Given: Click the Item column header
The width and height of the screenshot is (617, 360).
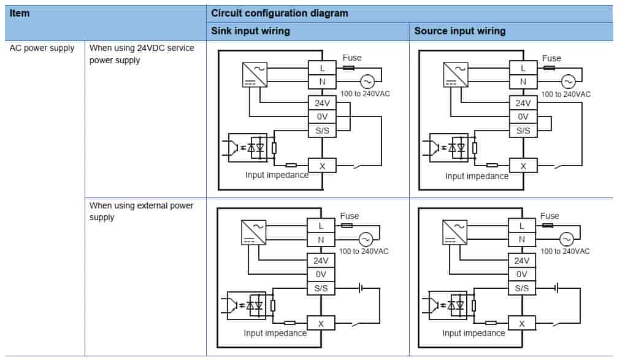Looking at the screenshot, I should tap(20, 13).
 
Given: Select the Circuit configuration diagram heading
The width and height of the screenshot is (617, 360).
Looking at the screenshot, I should tap(279, 13).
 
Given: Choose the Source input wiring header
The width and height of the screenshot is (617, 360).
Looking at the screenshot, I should tap(460, 31).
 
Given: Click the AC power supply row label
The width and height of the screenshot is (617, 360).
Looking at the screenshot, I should tap(42, 48).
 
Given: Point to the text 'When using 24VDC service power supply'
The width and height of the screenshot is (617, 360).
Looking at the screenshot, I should tap(142, 54).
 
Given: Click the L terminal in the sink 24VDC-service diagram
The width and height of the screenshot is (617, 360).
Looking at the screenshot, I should tap(322, 68).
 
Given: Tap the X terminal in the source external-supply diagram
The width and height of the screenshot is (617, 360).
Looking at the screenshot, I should tap(522, 323).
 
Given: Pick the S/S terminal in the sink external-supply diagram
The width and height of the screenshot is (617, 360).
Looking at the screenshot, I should tap(321, 288).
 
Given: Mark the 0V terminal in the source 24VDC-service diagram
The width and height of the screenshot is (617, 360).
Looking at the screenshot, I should tap(523, 117).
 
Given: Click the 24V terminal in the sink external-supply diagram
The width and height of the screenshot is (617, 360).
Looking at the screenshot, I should tap(321, 260).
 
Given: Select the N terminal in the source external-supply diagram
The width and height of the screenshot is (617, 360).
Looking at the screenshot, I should tap(522, 239).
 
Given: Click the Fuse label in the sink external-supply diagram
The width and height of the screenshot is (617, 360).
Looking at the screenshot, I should tap(350, 216).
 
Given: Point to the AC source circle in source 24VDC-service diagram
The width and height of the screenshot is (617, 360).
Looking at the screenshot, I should tap(567, 81).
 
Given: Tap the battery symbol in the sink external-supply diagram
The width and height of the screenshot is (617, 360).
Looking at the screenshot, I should tap(360, 287).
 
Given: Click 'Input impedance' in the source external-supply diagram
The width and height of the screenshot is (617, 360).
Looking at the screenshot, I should tap(473, 333).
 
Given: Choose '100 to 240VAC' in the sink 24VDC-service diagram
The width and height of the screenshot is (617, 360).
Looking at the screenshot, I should tap(365, 94).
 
